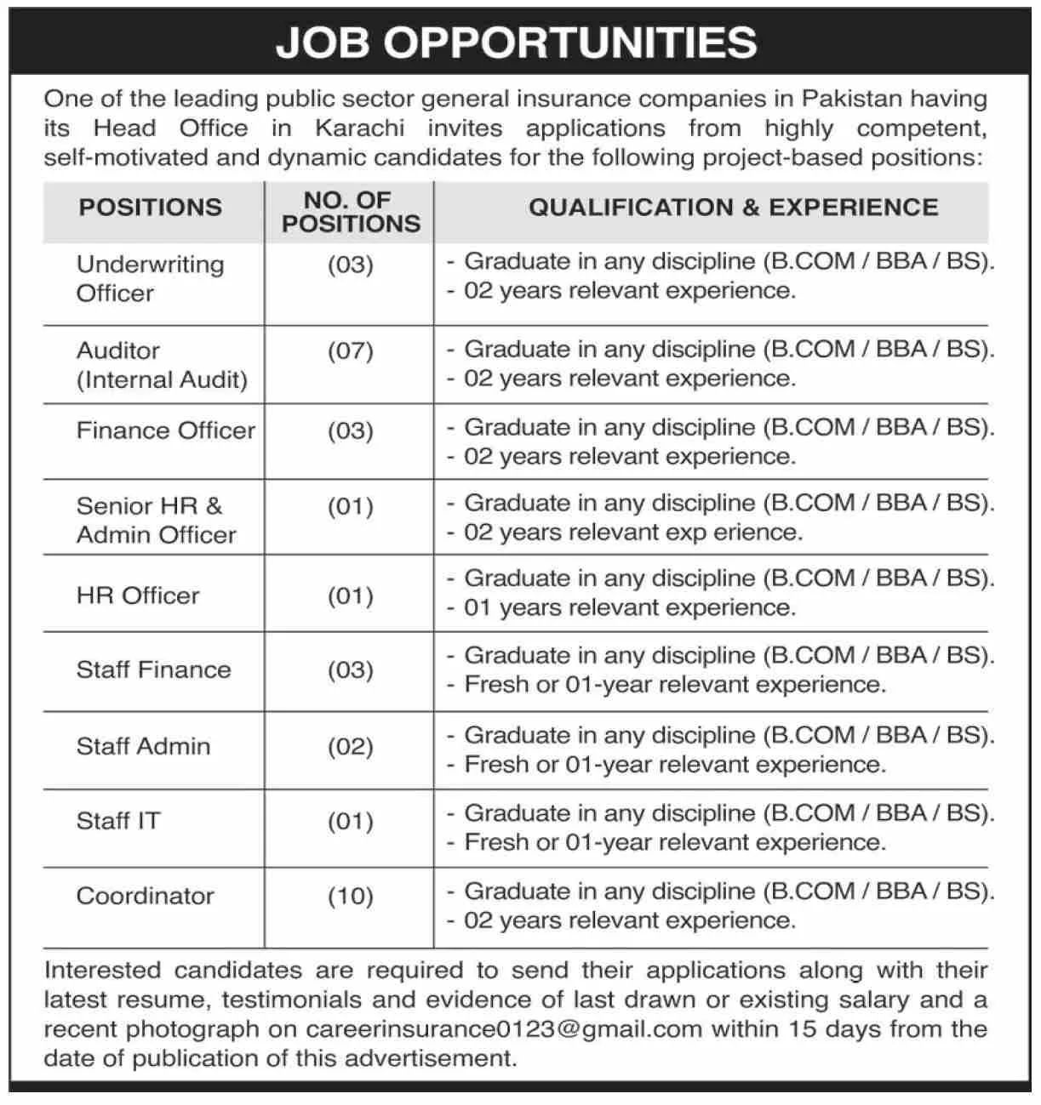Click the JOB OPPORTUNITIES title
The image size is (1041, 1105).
click(517, 43)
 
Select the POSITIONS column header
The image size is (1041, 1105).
click(151, 208)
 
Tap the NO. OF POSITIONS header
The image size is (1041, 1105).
click(351, 212)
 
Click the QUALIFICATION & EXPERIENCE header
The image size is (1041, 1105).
click(733, 208)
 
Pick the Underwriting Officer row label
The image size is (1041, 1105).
click(150, 279)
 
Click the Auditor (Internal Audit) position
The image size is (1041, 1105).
click(162, 365)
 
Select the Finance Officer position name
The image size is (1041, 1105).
click(166, 430)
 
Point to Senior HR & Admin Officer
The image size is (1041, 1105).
click(157, 521)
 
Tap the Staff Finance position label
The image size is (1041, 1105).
click(154, 670)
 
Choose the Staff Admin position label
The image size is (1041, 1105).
click(143, 747)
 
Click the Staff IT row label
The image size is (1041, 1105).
click(118, 822)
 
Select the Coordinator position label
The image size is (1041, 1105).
click(146, 897)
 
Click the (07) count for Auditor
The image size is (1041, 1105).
click(351, 351)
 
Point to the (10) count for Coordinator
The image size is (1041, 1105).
click(351, 897)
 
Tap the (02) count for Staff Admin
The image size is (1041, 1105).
click(351, 747)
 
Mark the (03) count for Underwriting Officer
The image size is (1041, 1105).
click(351, 265)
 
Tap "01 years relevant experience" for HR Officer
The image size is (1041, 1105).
click(630, 608)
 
